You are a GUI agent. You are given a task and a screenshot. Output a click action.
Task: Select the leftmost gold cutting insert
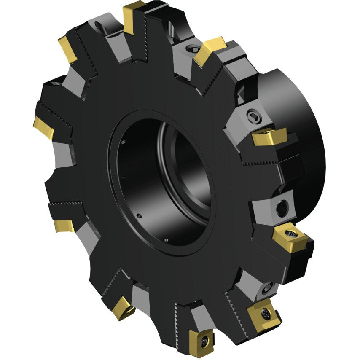tap(43, 128)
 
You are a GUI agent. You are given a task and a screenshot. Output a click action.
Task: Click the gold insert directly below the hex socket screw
tap(269, 137)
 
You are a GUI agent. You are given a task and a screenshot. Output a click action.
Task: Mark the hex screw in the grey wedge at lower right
tap(266, 289)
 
